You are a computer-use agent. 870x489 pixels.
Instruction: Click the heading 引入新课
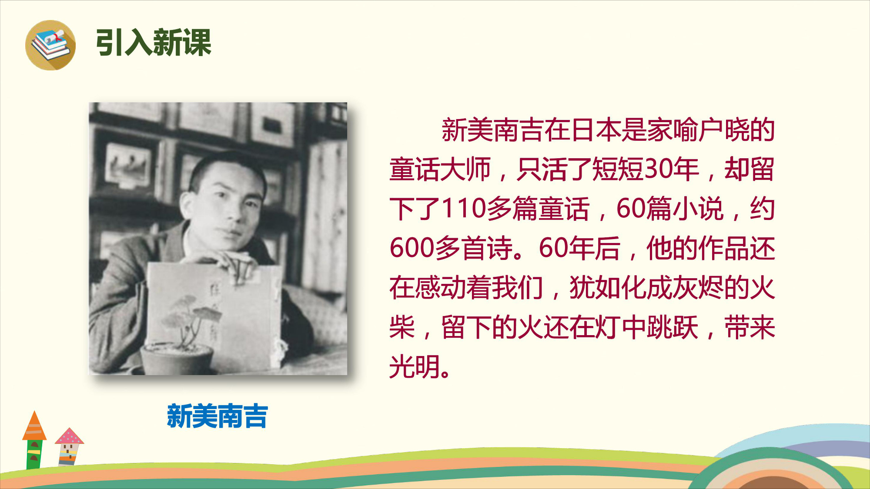coord(154,43)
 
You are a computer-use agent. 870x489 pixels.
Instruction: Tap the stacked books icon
coord(50,45)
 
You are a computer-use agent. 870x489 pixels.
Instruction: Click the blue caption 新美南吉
coord(217,416)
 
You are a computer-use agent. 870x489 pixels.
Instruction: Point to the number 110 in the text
coord(464,209)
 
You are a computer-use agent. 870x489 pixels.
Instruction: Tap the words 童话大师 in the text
coord(440,169)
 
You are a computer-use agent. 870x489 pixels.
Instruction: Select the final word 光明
coord(415,366)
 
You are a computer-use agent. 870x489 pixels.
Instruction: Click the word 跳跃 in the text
coord(673,327)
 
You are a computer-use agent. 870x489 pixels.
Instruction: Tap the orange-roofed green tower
coord(34,440)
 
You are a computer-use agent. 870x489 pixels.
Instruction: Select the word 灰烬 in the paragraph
coord(698,288)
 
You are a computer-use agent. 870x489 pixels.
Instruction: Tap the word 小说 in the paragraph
coord(698,209)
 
